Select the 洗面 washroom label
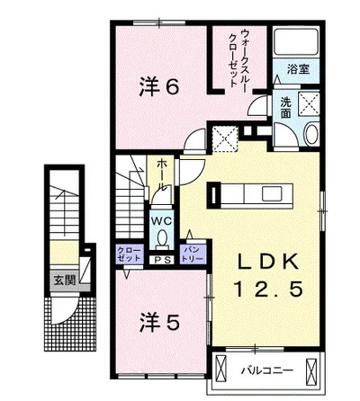coord(284,107)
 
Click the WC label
coord(162,220)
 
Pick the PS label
coord(162,260)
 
